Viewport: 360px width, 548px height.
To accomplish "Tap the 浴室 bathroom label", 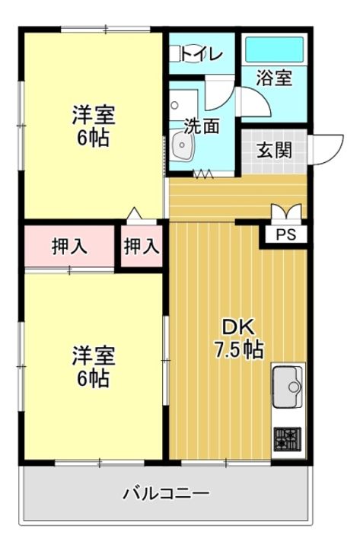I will [x=273, y=78].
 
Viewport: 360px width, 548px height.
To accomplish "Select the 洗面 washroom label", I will [x=201, y=126].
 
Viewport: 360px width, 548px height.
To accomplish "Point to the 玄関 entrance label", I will [x=273, y=149].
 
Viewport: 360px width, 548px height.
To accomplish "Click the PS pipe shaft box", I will [x=285, y=234].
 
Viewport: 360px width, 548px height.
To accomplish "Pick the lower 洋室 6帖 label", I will [x=93, y=365].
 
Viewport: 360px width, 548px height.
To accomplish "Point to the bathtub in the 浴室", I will [x=273, y=49].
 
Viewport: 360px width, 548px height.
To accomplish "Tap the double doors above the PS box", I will [x=286, y=212].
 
